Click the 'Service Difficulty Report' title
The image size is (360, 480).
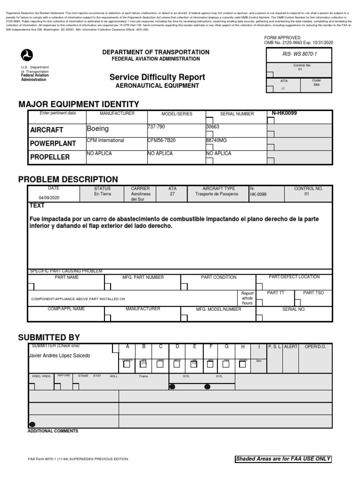(x=157, y=77)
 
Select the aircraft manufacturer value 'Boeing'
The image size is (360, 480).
(x=97, y=128)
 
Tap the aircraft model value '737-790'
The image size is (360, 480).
(x=156, y=127)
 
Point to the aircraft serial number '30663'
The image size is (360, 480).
(x=212, y=127)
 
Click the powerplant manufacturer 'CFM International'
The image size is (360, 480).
(x=105, y=141)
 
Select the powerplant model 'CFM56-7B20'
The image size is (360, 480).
(x=161, y=141)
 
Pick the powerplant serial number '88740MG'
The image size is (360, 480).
(x=217, y=141)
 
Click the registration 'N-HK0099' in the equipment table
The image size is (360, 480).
(x=285, y=113)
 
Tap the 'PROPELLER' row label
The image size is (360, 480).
(x=50, y=157)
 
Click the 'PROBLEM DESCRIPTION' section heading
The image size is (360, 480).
(x=68, y=180)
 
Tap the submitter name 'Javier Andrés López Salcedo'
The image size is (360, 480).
(x=60, y=356)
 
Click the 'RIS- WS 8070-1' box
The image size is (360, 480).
(x=299, y=54)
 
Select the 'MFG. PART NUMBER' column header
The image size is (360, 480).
(x=143, y=277)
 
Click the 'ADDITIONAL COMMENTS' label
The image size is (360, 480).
(x=53, y=431)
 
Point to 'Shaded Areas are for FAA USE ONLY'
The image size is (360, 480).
(x=283, y=459)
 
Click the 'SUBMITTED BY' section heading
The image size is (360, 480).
(x=49, y=337)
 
